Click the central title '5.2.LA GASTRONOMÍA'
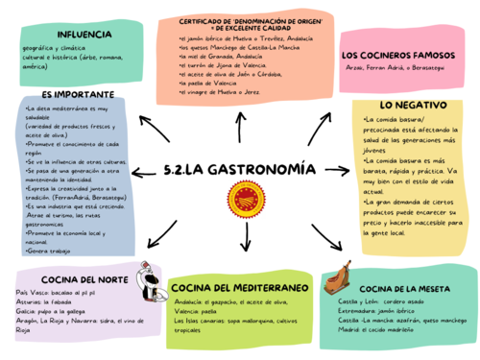240,170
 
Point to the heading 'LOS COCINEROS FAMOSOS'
403,55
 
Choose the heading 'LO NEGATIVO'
413,104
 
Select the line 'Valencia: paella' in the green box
198,312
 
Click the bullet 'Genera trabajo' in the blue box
40,251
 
